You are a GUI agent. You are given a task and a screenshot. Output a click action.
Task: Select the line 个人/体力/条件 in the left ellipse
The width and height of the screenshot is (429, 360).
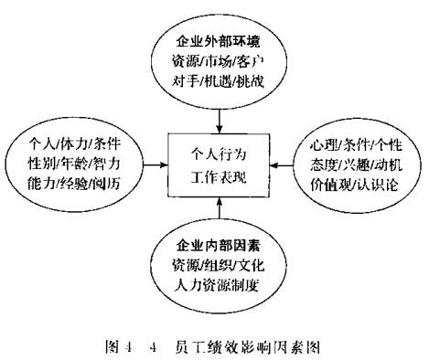74,142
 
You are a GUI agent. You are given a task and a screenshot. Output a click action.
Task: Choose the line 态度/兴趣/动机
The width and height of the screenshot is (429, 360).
352,167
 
